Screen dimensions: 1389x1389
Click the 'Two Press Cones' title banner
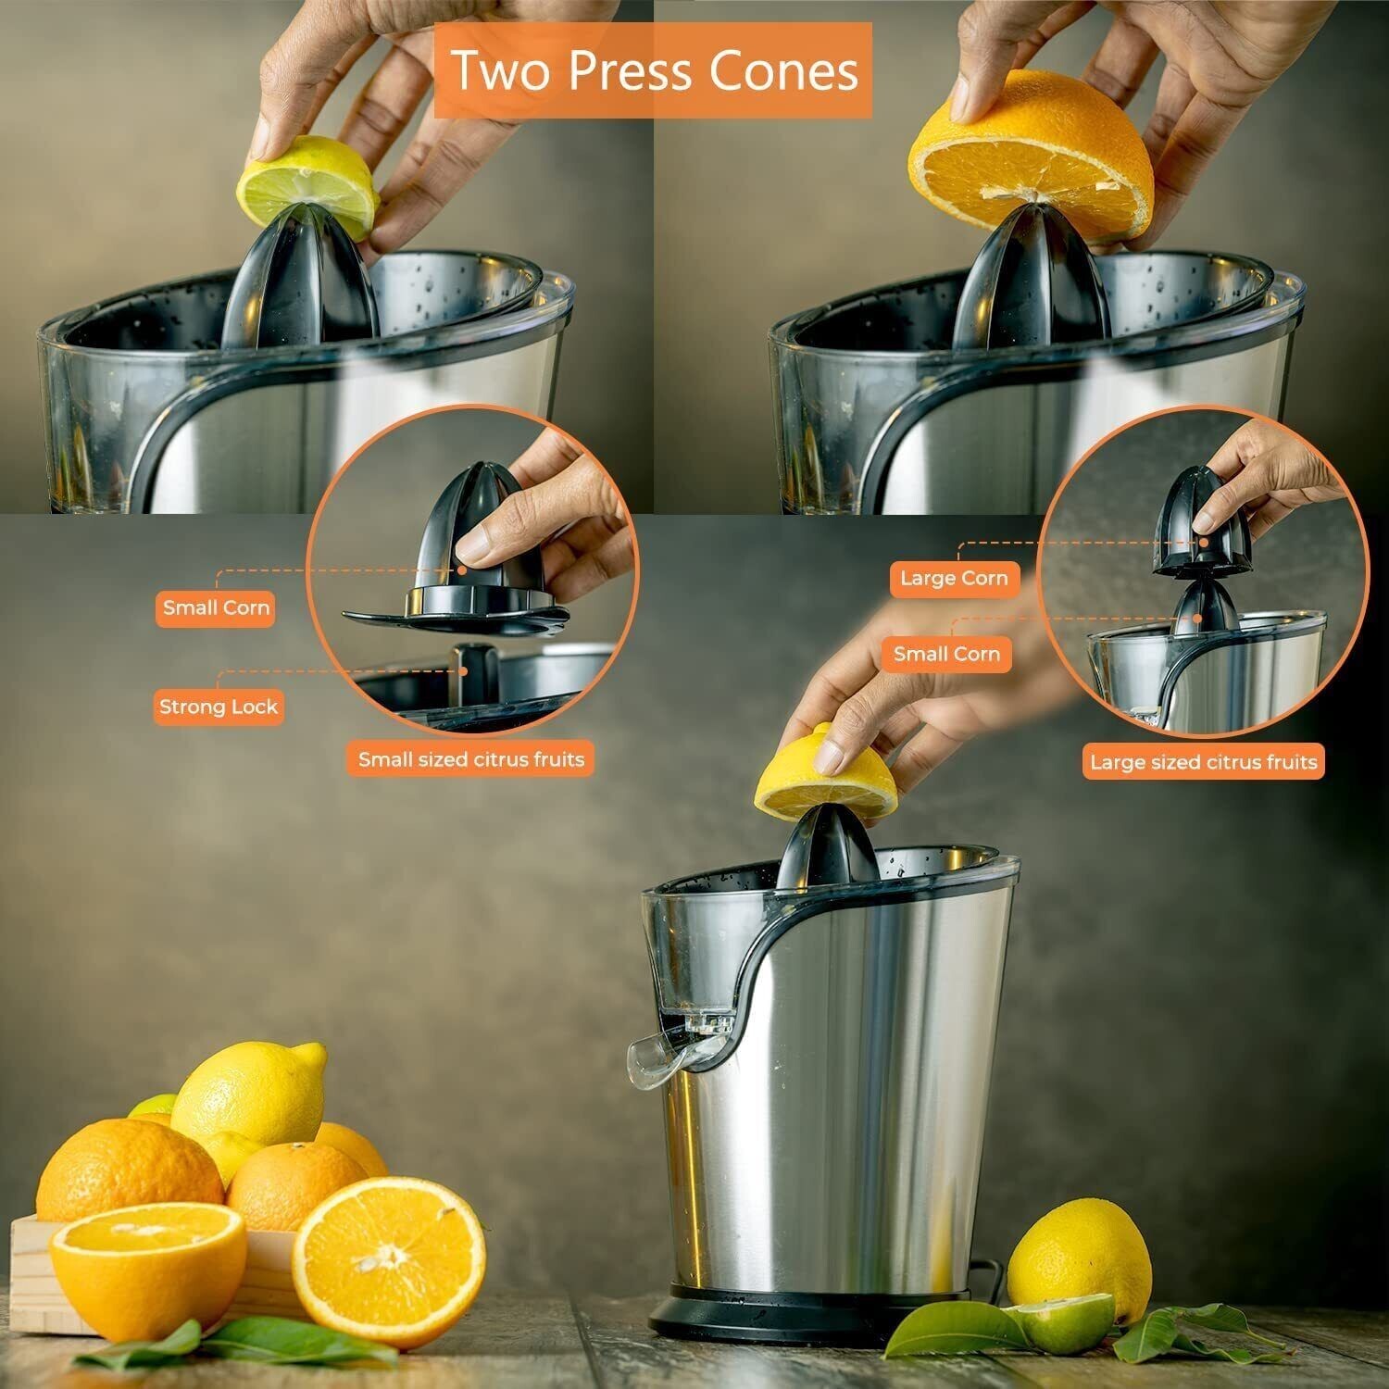654,70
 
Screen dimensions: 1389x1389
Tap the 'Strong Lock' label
219,707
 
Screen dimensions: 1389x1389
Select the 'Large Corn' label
954,579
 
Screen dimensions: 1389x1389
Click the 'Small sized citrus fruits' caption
471,760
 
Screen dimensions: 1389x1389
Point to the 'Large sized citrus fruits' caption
1203,762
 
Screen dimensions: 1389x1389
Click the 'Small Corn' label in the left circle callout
216,608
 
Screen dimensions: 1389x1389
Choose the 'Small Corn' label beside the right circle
946,655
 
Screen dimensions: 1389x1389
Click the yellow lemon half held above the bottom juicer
826,773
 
